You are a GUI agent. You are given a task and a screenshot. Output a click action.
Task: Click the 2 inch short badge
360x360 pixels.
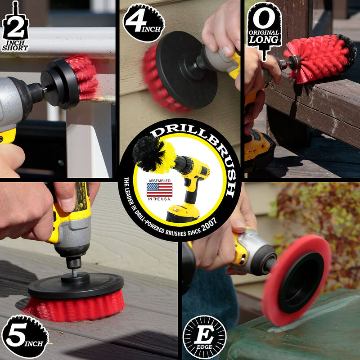click(15, 28)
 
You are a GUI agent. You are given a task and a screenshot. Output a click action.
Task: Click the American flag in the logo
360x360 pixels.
click(159, 189)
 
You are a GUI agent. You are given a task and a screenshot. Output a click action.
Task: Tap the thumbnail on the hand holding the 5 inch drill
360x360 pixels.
click(67, 205)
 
